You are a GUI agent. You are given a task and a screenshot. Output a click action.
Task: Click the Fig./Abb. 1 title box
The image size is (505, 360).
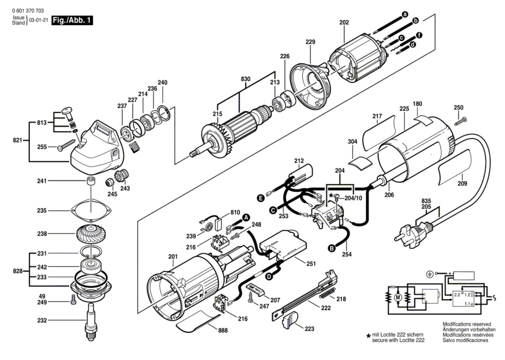pos(72,21)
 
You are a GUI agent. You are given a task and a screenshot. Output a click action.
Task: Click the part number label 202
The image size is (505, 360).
pos(344,22)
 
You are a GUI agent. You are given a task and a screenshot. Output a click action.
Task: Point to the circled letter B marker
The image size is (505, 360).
pos(331,249)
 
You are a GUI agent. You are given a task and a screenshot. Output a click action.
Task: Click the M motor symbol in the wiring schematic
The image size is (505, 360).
pos(398,297)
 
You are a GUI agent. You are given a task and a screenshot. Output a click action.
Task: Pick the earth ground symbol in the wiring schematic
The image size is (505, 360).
pos(429,274)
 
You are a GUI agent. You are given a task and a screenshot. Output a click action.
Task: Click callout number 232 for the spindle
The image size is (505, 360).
pos(42,320)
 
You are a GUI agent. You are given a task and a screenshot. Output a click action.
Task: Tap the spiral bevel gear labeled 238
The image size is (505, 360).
pos(91,233)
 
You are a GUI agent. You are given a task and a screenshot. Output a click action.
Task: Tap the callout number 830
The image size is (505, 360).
pos(245,79)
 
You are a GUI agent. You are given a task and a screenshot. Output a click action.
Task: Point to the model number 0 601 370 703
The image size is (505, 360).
pos(28,10)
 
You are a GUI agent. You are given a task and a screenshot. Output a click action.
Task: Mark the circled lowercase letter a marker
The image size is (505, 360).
pos(405,14)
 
